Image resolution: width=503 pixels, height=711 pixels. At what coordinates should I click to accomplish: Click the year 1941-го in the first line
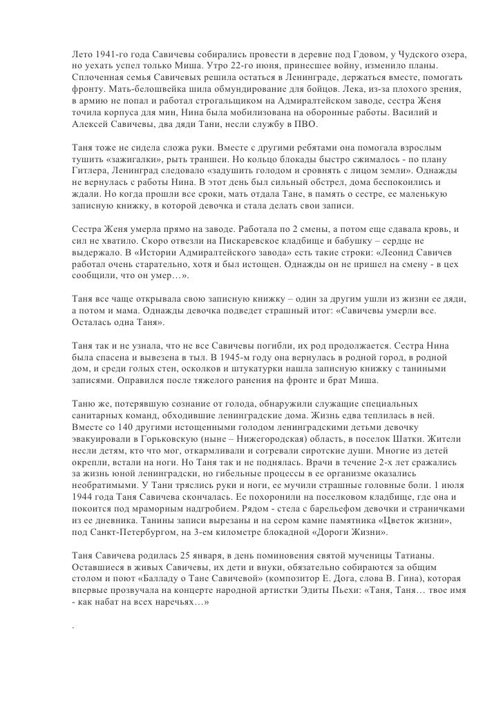109,53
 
